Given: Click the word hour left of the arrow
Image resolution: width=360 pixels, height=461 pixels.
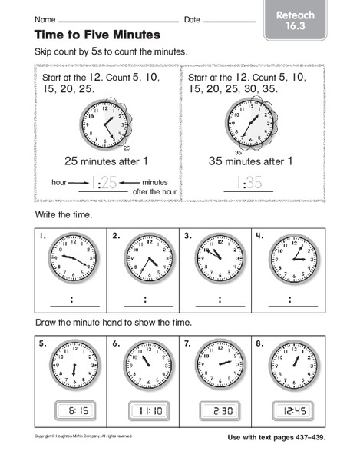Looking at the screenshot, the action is pyautogui.click(x=60, y=181).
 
